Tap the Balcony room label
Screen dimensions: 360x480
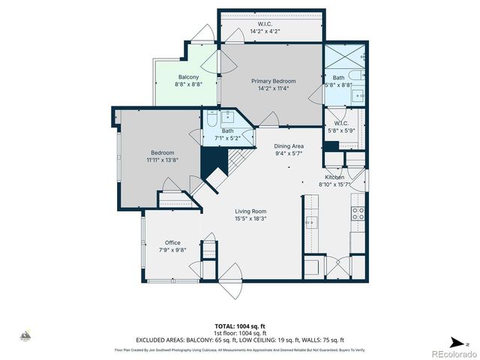[188, 77]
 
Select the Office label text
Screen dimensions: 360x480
[172, 242]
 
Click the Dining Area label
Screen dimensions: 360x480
[288, 146]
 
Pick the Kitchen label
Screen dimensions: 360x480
[334, 177]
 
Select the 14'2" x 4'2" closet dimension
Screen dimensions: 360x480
[265, 31]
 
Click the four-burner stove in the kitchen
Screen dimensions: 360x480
[357, 212]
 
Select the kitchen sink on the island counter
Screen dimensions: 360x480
[310, 223]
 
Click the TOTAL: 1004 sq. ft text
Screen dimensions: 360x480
[240, 326]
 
